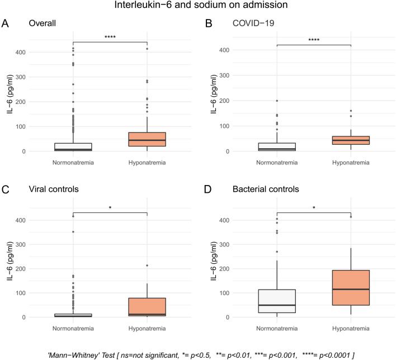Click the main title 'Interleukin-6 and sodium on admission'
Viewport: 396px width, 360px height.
pyautogui.click(x=198, y=6)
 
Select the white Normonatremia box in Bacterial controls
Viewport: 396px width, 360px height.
pyautogui.click(x=277, y=301)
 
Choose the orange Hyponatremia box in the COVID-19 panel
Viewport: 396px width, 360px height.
pyautogui.click(x=351, y=140)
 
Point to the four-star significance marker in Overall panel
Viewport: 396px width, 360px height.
pyautogui.click(x=110, y=38)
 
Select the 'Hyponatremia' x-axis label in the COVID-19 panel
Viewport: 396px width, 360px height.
pyautogui.click(x=351, y=163)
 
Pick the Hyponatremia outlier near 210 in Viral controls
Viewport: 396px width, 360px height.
pyautogui.click(x=147, y=266)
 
